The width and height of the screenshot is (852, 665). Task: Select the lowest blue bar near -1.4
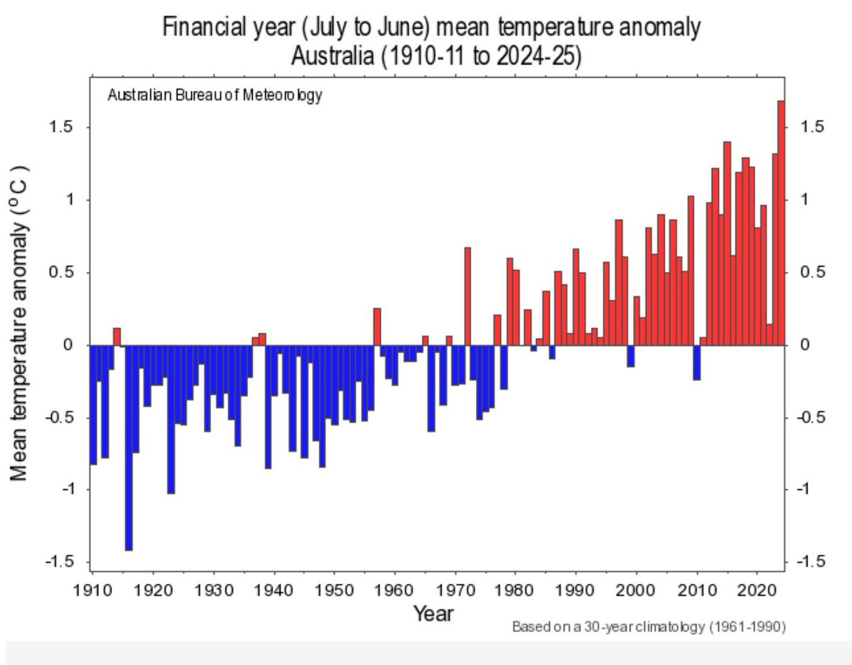(x=129, y=448)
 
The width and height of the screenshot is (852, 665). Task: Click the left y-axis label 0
(x=68, y=345)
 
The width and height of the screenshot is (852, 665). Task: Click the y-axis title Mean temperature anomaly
(x=20, y=323)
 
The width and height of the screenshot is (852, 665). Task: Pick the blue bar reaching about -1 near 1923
(x=171, y=419)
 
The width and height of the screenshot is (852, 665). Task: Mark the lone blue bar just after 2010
(x=696, y=362)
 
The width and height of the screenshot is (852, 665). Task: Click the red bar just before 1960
(x=377, y=327)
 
